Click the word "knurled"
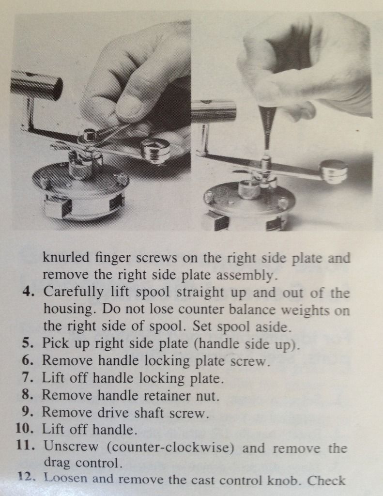(x=66, y=258)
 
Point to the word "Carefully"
(x=74, y=292)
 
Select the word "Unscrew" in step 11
(x=71, y=446)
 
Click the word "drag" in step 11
(x=57, y=463)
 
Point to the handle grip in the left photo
(x=36, y=85)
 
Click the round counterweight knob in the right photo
(x=334, y=171)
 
